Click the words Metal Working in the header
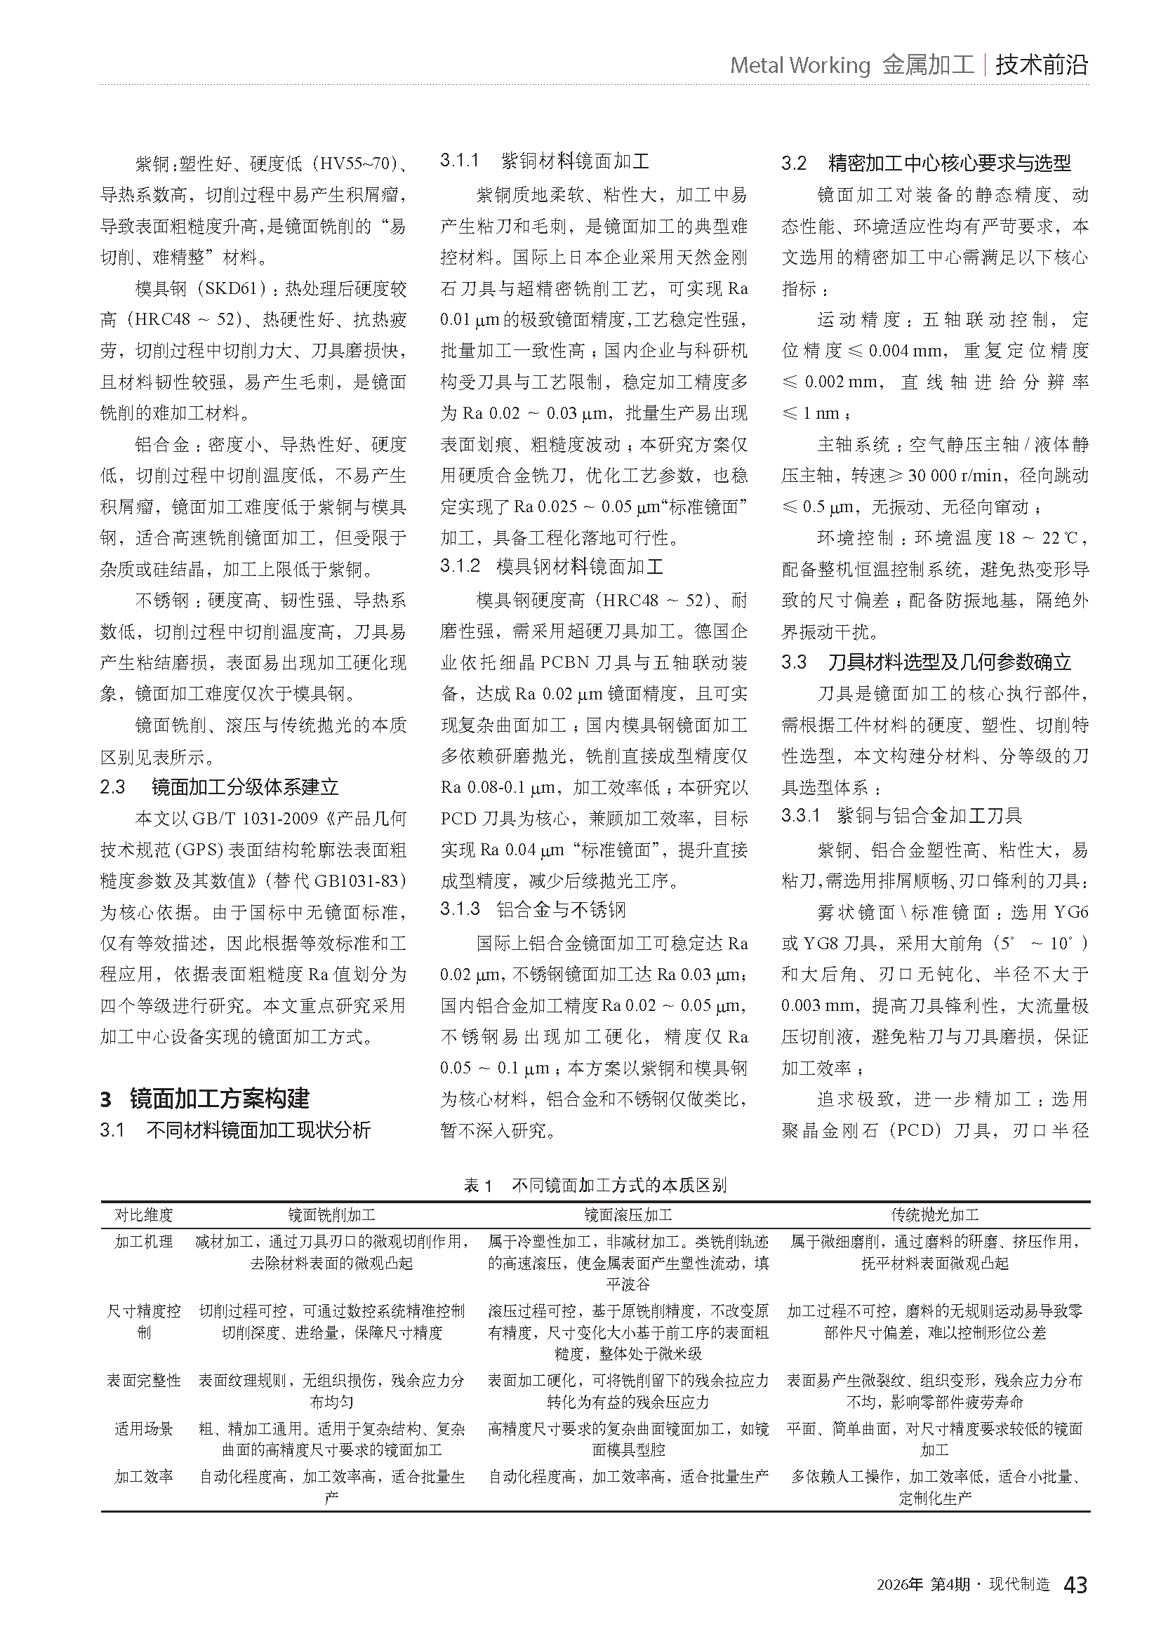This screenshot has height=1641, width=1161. click(x=800, y=66)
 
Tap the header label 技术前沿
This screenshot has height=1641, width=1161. click(x=1041, y=65)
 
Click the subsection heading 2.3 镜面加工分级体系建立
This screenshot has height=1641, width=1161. click(x=219, y=787)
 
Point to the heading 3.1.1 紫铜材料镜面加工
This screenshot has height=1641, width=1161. click(x=544, y=161)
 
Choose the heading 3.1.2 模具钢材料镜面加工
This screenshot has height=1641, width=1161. click(x=551, y=567)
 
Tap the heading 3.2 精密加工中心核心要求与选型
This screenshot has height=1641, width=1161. click(x=926, y=163)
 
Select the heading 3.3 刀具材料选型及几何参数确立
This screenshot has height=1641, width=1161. click(x=926, y=662)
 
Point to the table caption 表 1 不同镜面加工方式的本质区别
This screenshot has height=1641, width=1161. click(x=595, y=1185)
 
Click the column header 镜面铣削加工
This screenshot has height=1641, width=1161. click(x=331, y=1214)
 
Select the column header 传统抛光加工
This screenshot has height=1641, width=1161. click(x=934, y=1214)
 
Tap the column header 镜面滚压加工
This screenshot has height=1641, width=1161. click(x=628, y=1214)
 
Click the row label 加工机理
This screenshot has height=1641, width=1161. click(x=144, y=1242)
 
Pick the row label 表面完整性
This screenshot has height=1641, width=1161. click(x=144, y=1380)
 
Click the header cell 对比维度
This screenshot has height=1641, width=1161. click(x=144, y=1214)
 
